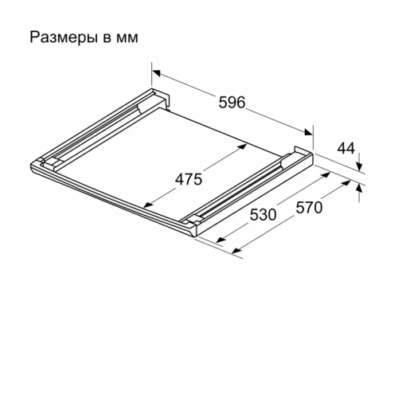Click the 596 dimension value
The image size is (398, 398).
coord(232,101)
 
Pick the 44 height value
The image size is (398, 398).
coord(345,149)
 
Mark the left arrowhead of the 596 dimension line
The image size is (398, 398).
coord(157,73)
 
